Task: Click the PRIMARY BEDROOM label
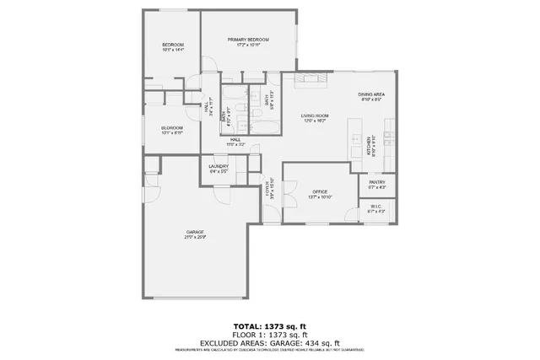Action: tap(247, 40)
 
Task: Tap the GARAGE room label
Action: tap(195, 232)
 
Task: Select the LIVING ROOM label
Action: tap(315, 116)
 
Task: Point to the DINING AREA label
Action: tap(371, 94)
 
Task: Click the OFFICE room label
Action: tap(320, 191)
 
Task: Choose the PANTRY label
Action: tap(377, 182)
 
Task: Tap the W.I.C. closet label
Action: tap(377, 207)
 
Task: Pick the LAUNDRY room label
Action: tap(219, 167)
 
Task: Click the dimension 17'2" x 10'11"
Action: tap(247, 46)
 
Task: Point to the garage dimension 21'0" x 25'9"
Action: tap(195, 238)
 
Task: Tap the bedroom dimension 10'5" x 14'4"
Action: tap(173, 50)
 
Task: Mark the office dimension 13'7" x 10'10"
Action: tap(320, 197)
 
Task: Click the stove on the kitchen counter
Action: tap(390, 135)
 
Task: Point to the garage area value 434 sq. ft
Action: tap(321, 343)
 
